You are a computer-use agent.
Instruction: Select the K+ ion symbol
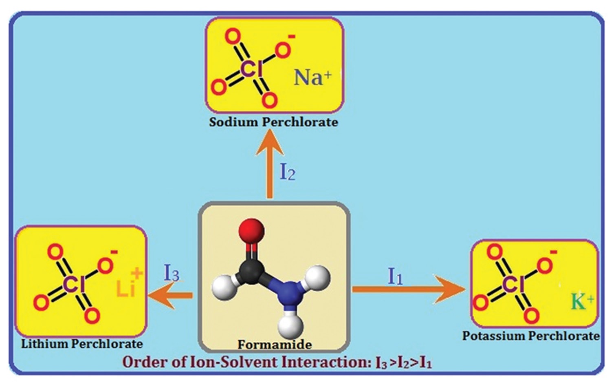click(582, 302)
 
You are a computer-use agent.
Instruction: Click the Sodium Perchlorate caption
click(273, 122)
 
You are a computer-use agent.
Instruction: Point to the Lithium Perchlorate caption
click(82, 344)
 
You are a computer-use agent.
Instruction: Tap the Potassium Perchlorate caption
click(530, 336)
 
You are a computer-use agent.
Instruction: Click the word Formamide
click(275, 345)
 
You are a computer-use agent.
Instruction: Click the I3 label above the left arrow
click(172, 273)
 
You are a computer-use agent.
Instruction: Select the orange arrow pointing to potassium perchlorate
click(407, 290)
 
